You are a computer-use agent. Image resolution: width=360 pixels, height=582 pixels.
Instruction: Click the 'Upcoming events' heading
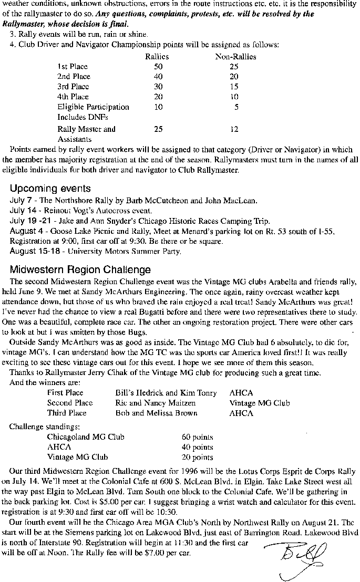coord(50,189)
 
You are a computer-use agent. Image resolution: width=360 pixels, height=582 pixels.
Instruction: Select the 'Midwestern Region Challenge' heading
coord(80,270)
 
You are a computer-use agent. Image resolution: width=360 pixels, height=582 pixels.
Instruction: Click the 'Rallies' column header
coord(157,57)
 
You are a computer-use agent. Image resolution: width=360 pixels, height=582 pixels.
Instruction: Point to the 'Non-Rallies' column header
coord(235,57)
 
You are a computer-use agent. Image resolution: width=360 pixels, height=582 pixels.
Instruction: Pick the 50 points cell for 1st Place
coord(158,67)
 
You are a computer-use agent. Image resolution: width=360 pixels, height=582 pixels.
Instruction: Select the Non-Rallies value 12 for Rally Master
coord(234,129)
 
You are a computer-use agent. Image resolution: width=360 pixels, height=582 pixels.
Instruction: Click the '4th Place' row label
coord(73,97)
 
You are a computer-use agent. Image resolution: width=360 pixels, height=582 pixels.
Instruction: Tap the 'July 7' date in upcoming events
coord(22,200)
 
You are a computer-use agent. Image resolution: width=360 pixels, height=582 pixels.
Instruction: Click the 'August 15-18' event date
coord(33,251)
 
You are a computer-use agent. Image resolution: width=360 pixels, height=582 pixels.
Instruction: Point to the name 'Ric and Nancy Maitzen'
coord(148,403)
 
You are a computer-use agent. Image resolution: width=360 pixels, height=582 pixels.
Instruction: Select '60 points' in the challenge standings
coord(197,437)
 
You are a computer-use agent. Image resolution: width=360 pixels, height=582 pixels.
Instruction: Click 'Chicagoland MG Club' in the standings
coord(86,437)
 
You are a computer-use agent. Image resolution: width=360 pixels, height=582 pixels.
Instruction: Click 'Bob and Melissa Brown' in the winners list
coord(149,413)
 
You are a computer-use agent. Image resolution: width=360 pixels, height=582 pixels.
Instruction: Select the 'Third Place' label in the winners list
coord(67,413)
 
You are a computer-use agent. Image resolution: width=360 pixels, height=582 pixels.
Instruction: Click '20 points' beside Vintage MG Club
coord(197,457)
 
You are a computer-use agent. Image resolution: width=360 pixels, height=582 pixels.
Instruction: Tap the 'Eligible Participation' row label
coord(93,107)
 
